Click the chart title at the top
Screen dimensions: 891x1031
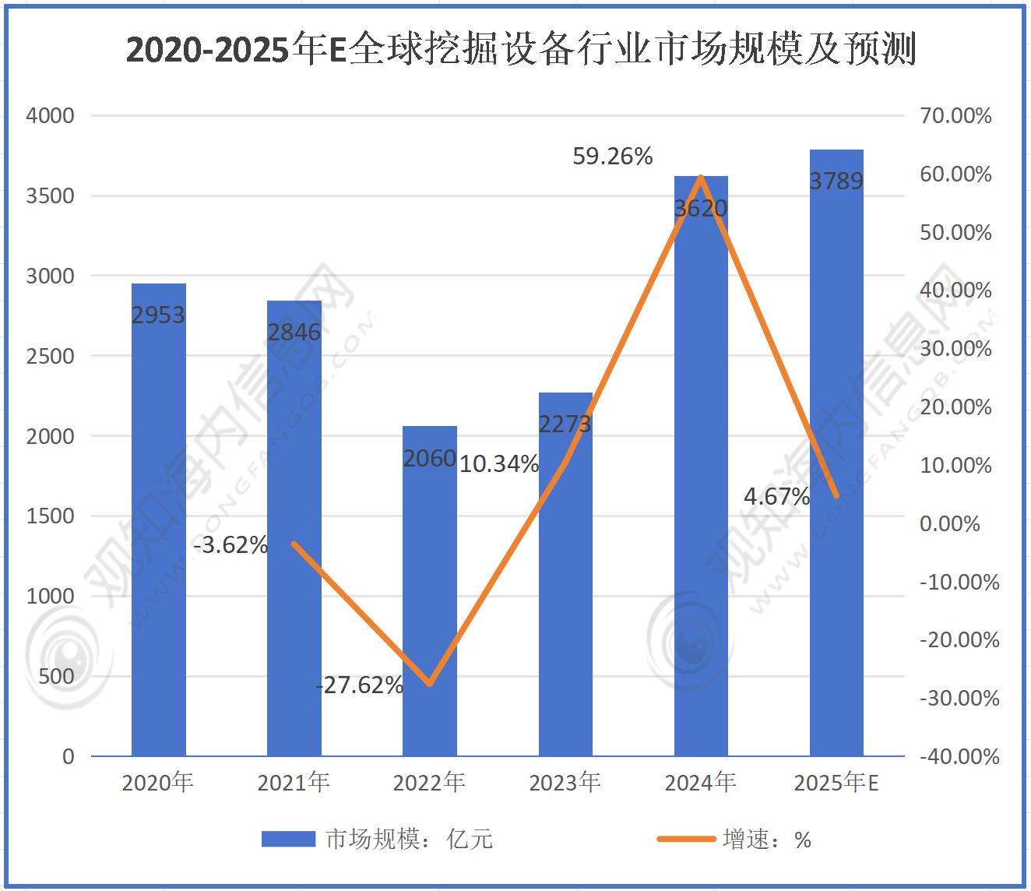520,49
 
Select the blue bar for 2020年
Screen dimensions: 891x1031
159,530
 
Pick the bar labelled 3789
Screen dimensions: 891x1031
836,467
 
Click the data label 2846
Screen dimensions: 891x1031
294,333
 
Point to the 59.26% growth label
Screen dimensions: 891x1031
612,157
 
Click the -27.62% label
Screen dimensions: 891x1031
360,685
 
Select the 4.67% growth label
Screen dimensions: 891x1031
776,496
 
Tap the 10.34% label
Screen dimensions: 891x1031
499,464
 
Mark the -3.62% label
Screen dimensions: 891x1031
230,545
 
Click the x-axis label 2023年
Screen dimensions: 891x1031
565,782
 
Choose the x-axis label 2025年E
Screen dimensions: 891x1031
836,782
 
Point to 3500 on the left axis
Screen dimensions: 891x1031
51,195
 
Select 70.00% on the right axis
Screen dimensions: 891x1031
955,116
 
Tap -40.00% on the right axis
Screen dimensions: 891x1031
959,756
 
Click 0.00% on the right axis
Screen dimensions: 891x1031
949,523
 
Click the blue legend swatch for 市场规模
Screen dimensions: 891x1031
288,839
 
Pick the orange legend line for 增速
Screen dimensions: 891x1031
686,839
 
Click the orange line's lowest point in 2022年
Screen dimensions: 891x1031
430,684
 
